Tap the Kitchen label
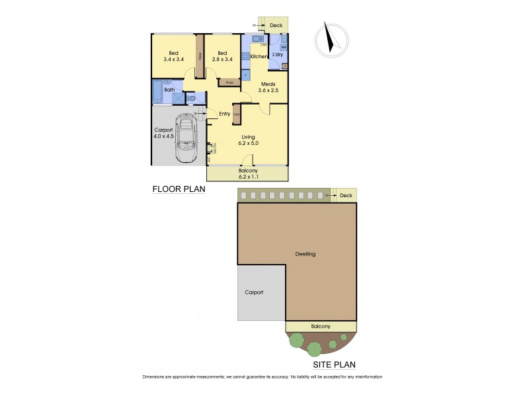[259, 57]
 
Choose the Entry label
[225, 114]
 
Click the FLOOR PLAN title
[179, 189]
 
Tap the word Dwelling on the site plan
[306, 254]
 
